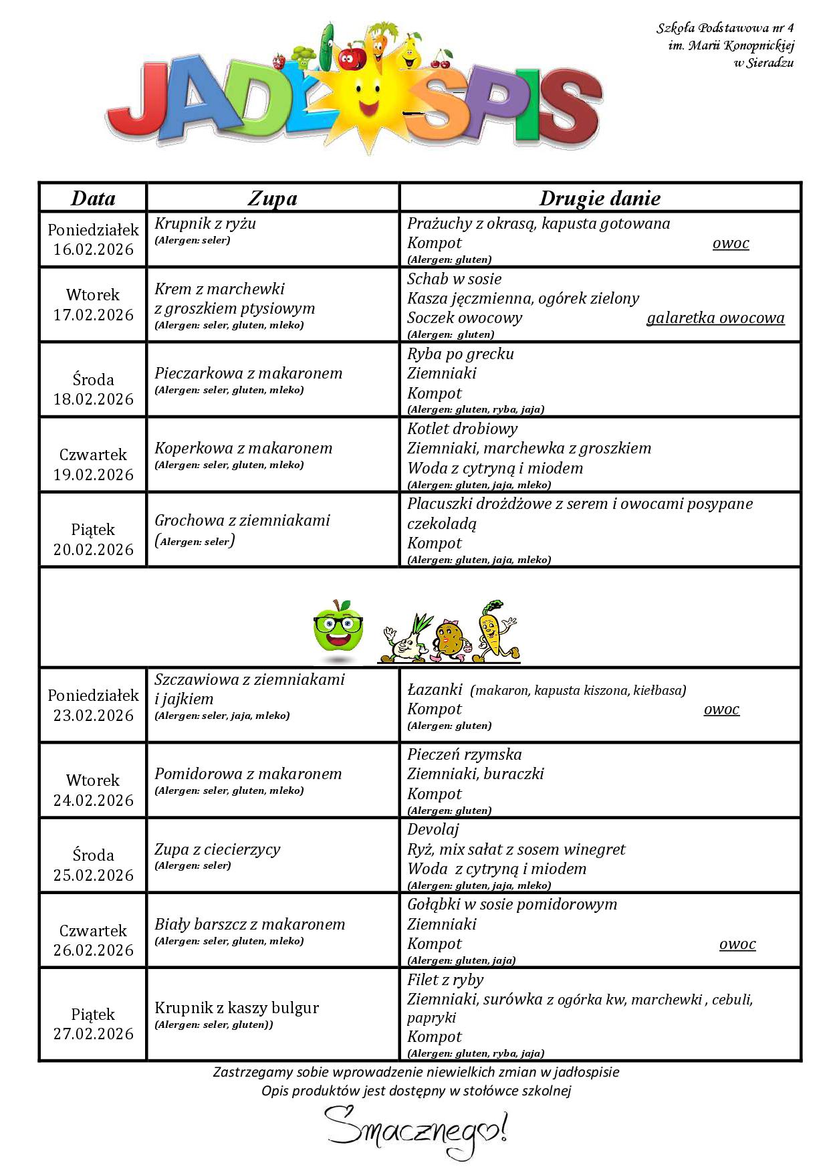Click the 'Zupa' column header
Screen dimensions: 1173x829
point(272,198)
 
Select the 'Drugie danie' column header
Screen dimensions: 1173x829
point(600,198)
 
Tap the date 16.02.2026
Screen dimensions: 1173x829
point(94,249)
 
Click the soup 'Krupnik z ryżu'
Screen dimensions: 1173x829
point(205,223)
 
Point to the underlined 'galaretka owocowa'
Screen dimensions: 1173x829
point(715,318)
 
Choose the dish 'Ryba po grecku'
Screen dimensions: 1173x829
point(461,354)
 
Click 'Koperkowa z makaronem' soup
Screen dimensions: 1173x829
point(243,448)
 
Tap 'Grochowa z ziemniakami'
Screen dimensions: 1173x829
point(242,520)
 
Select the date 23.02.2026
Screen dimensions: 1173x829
point(94,716)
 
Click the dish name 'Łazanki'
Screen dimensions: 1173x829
point(435,689)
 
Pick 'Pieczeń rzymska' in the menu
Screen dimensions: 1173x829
point(465,754)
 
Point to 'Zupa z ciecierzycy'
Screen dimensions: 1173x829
point(217,849)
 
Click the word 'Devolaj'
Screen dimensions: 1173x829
point(433,830)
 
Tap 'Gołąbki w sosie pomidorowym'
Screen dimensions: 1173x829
point(512,904)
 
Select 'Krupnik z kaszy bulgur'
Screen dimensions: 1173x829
point(237,1008)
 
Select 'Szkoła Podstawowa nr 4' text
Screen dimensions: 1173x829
point(725,28)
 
